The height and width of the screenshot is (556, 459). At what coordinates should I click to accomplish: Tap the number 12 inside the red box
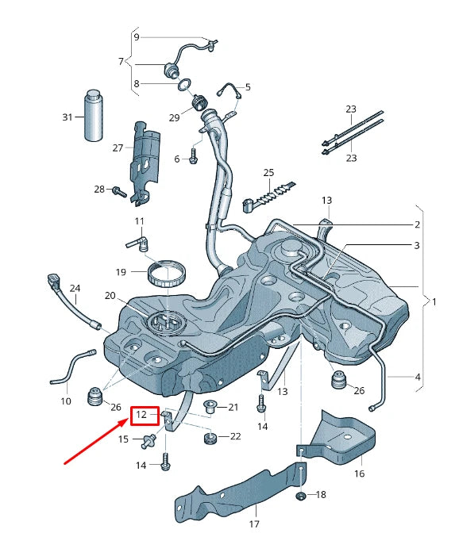pos(141,415)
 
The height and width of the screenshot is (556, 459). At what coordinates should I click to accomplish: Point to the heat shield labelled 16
pos(346,436)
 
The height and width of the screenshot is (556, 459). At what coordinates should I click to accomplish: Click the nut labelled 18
pos(301,497)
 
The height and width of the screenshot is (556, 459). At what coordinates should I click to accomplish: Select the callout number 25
pos(268,173)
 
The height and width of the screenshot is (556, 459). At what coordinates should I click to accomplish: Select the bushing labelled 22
pos(210,438)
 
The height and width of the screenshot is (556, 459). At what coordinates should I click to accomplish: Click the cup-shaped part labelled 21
pos(210,408)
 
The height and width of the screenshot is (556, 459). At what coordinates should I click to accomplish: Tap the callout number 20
pos(110,296)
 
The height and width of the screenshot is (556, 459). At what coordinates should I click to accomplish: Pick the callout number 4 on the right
pos(417,378)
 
